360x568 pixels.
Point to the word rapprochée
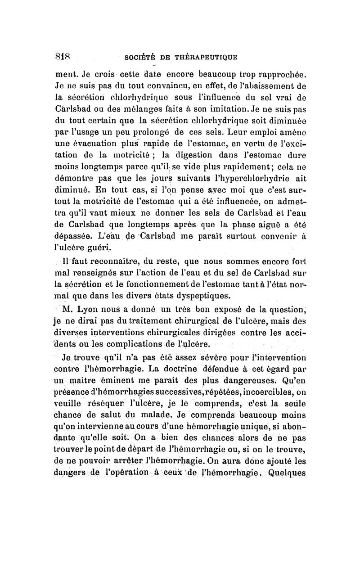click(x=281, y=72)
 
